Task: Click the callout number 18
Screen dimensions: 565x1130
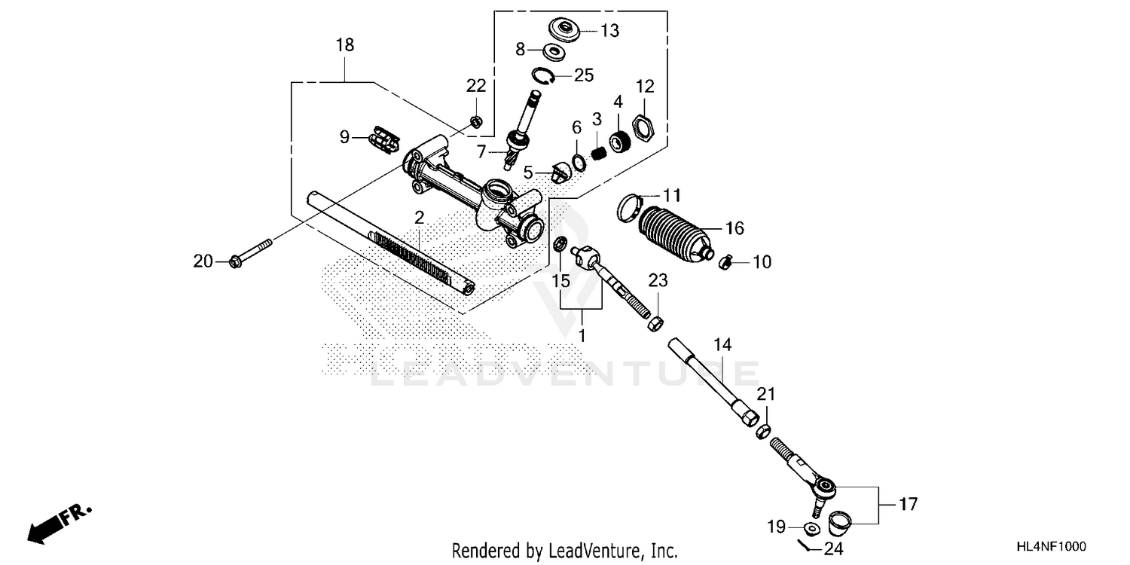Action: coord(345,44)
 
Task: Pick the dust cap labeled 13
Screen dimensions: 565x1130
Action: coord(563,30)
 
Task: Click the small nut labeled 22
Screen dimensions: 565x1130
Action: coord(475,121)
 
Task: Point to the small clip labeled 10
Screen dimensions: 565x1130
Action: coord(725,262)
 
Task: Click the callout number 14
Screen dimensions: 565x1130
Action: coord(722,345)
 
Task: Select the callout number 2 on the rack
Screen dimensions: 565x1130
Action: coord(420,217)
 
